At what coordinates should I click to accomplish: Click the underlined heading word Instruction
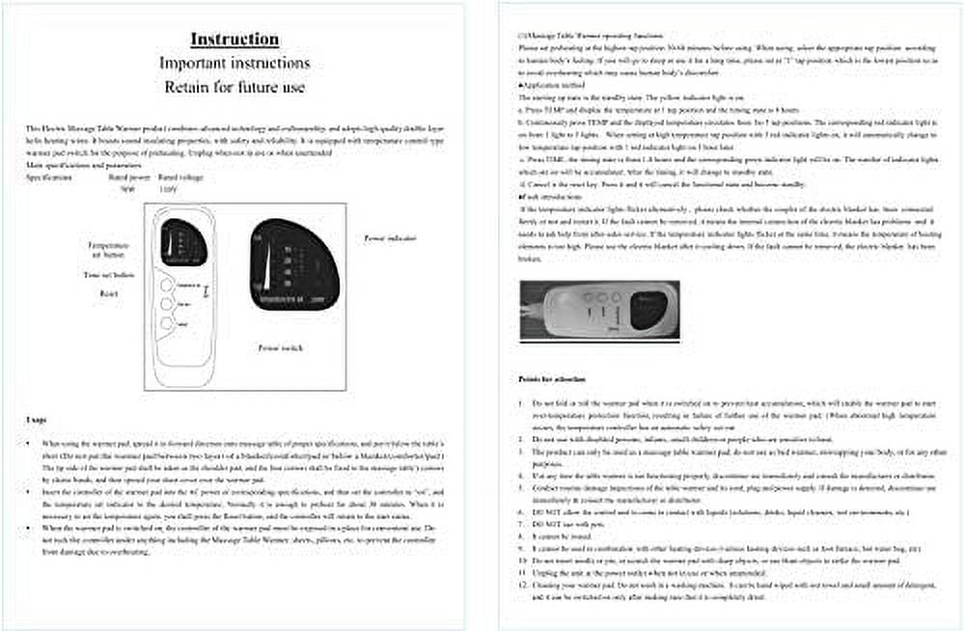click(234, 40)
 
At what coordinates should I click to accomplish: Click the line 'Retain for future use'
click(234, 87)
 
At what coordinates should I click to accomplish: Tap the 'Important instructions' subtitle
click(234, 63)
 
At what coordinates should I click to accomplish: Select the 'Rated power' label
click(127, 178)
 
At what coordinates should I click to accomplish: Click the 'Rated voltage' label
click(179, 178)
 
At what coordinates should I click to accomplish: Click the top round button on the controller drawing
click(166, 287)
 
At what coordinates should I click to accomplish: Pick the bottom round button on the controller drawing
click(166, 322)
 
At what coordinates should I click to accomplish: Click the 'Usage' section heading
click(37, 419)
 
